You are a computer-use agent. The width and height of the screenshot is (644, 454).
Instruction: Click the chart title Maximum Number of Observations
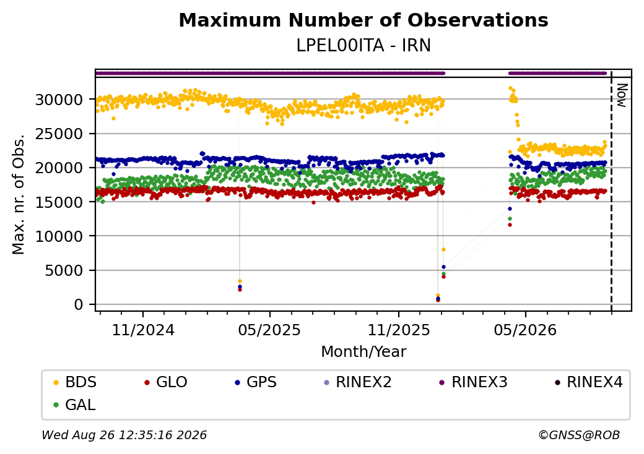(363, 20)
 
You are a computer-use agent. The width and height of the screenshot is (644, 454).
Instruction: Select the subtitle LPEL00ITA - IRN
(363, 46)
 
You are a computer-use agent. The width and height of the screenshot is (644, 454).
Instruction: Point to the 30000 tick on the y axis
(59, 100)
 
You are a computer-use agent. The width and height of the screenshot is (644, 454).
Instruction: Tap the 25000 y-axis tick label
(59, 134)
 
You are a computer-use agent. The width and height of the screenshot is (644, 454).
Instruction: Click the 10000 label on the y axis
(59, 236)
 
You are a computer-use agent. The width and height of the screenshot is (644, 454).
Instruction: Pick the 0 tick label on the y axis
(79, 304)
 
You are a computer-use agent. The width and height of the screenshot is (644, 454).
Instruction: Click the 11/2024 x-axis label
(143, 330)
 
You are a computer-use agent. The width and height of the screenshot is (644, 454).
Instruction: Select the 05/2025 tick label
(269, 330)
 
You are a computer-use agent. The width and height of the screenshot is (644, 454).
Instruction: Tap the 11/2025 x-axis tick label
(398, 330)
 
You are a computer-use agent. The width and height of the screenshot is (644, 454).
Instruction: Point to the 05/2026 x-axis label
(525, 330)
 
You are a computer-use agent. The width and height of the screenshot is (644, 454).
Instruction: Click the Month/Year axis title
(363, 351)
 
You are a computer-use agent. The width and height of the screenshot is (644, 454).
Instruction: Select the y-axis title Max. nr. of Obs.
(18, 194)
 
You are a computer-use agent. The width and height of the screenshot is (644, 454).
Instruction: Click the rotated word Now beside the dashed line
(622, 95)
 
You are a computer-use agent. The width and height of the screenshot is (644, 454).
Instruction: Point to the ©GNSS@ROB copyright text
(579, 435)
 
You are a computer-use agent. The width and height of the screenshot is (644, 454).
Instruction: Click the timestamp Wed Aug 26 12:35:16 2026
(124, 435)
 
